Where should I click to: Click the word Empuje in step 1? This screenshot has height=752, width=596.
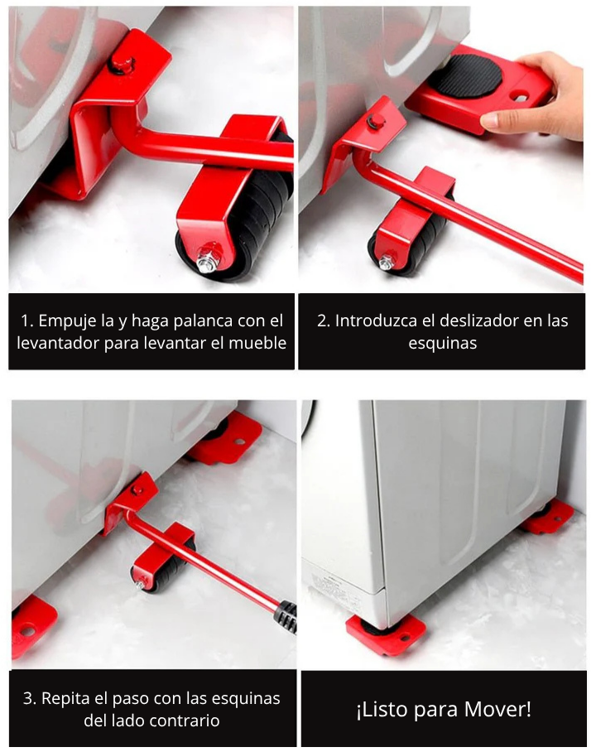tap(70, 321)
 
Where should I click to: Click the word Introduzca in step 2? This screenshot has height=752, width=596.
tap(374, 321)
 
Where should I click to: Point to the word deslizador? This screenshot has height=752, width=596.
tap(475, 321)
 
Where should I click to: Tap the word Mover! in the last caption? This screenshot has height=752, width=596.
tap(497, 710)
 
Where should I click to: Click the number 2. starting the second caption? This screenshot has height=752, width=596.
tap(324, 321)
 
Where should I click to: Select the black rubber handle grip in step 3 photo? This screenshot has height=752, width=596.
tap(285, 616)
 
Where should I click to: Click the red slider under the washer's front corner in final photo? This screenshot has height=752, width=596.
tap(385, 634)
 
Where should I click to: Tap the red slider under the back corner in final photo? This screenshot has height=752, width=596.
tap(546, 518)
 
